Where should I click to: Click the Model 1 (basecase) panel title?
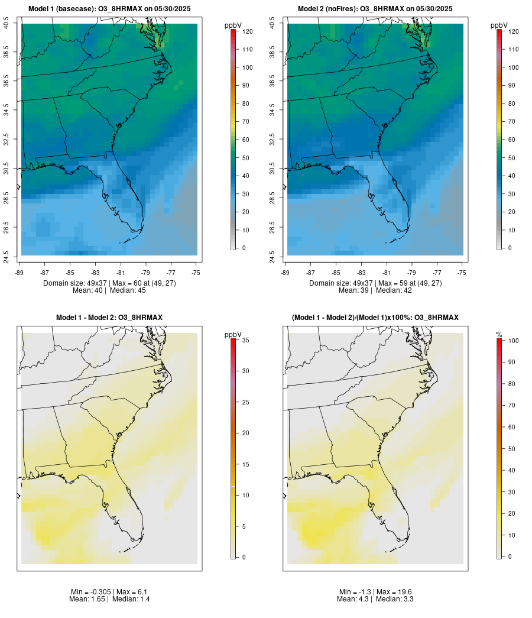(x=109, y=9)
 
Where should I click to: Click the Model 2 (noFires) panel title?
(x=375, y=9)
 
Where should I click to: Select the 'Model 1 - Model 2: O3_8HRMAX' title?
(x=109, y=318)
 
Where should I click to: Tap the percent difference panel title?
(x=375, y=318)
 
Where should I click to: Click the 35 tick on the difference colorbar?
(x=245, y=340)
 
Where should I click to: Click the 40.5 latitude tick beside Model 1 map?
(x=7, y=24)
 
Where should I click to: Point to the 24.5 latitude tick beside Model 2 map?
(x=273, y=255)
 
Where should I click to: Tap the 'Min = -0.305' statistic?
(x=91, y=592)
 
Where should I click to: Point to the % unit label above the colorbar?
(x=499, y=335)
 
